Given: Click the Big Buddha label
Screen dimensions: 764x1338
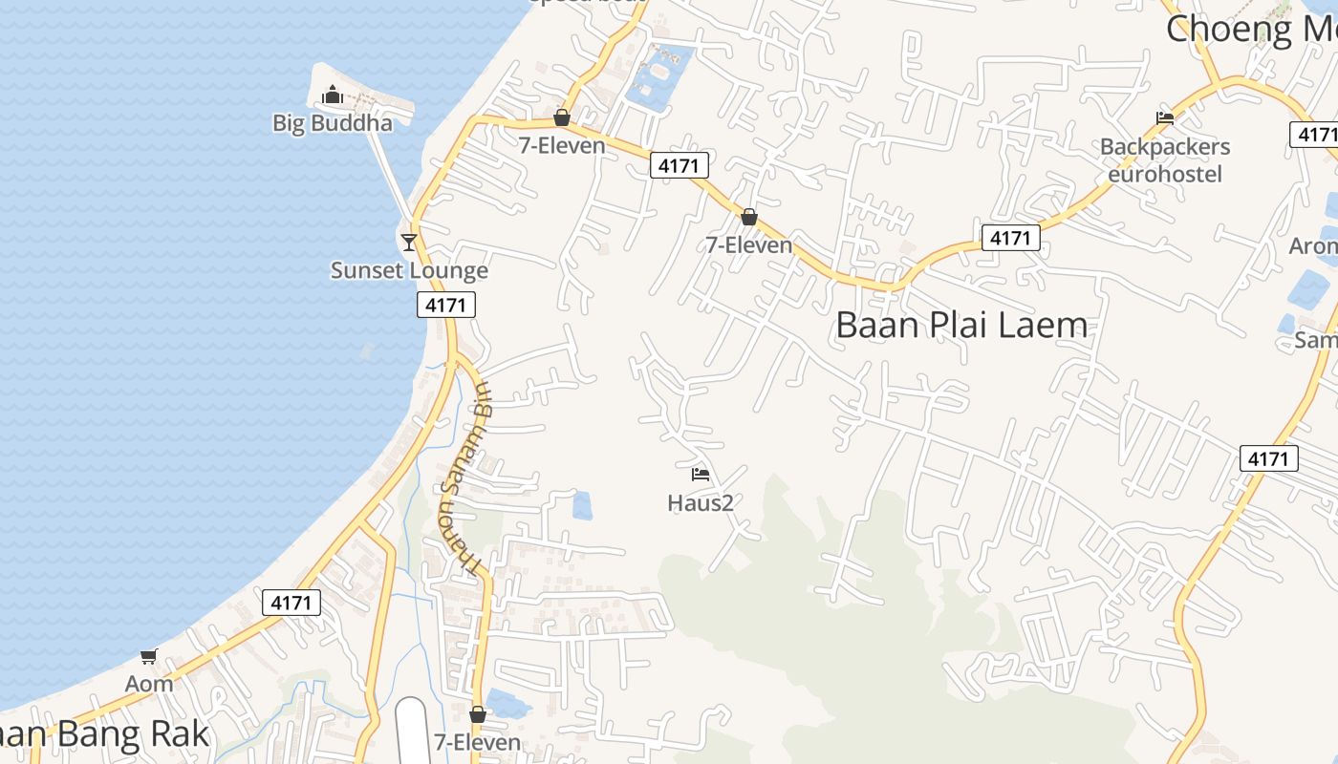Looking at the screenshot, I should (333, 123).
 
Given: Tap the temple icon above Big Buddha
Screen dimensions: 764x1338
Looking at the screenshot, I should (333, 95).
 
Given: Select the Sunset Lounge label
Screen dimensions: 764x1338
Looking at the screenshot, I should (409, 270).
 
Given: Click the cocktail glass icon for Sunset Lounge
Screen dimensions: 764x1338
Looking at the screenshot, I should (409, 243).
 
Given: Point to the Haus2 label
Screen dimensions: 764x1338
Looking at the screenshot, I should (701, 502).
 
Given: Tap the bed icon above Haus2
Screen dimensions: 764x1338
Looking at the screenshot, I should (701, 475).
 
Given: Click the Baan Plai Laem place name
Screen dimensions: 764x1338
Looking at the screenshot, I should (961, 325).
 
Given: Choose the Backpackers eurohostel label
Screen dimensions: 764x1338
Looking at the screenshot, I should (1165, 160).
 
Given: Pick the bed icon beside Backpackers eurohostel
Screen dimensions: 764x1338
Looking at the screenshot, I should (1165, 118).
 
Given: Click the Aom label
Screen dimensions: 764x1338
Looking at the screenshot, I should (149, 684).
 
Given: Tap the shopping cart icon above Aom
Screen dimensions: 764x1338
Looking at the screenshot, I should (149, 656).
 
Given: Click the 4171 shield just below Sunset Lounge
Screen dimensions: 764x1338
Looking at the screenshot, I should (445, 305).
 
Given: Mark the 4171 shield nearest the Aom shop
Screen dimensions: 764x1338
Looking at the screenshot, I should (291, 603).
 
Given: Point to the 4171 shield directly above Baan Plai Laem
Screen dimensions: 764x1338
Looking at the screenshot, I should (1010, 237).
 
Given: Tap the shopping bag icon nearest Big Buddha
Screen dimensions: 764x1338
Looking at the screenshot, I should (562, 117).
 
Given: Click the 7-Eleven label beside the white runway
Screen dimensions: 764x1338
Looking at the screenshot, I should (478, 742).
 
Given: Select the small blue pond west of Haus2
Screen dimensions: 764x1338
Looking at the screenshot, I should (582, 505).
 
